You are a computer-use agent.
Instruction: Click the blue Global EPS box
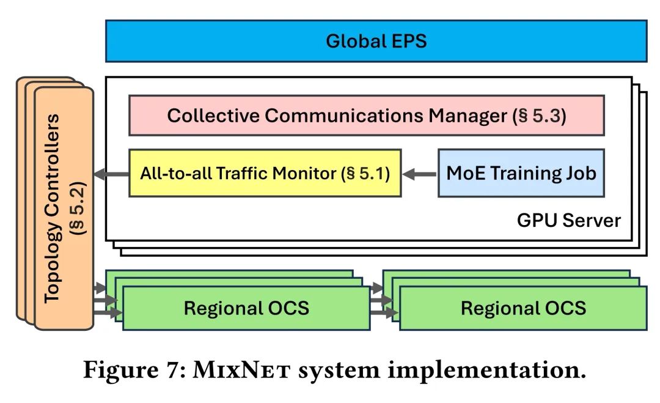pos(376,41)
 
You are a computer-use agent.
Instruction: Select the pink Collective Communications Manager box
pos(366,115)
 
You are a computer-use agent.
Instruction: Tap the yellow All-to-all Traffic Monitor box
pos(265,173)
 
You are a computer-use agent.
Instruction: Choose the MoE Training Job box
pos(521,173)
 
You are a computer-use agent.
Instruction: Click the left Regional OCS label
pos(246,308)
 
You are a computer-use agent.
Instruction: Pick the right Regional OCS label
pos(523,308)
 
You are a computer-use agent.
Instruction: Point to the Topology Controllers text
pos(54,208)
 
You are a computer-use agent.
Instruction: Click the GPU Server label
pos(569,220)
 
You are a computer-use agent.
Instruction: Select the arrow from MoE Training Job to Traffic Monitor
pos(420,174)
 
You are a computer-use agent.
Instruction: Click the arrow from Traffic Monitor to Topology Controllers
pos(111,174)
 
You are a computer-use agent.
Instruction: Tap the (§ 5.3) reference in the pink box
pos(538,116)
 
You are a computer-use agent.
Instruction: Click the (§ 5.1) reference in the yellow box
pos(365,173)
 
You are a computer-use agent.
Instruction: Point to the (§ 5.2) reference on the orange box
pos(79,208)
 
